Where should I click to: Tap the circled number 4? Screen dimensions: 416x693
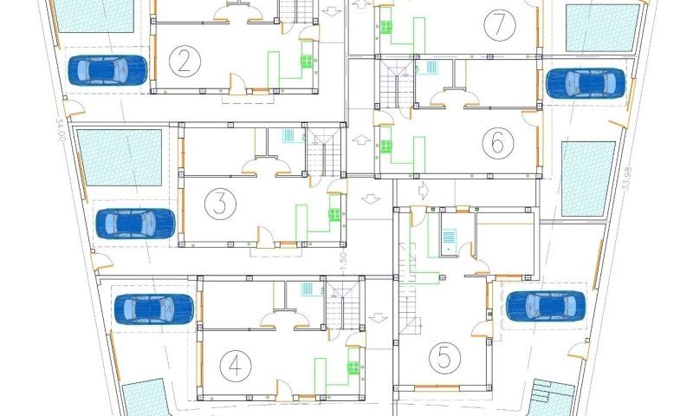click(234, 367)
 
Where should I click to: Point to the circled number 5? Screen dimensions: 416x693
click(444, 356)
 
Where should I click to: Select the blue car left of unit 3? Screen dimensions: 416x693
click(133, 223)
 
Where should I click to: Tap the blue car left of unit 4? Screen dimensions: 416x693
click(154, 309)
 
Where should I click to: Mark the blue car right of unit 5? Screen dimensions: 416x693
click(545, 305)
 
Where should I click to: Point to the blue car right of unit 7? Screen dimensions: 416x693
click(585, 82)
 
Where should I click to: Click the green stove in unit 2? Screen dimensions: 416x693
click(307, 61)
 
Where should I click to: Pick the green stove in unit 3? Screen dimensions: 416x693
click(334, 213)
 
